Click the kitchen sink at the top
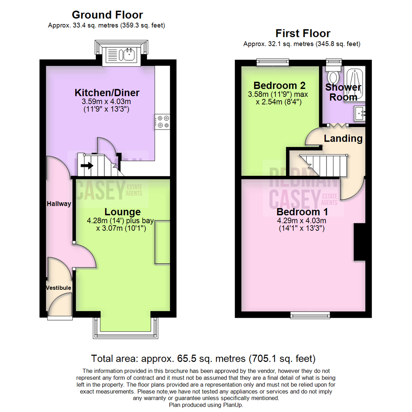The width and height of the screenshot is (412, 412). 122,55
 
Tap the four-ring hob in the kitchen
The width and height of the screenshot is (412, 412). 162,122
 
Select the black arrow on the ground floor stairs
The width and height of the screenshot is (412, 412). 87,166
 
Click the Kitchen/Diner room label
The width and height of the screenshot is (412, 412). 107,93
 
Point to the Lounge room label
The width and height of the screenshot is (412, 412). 123,212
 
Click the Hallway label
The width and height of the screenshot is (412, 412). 59,204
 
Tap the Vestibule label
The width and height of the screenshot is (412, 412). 58,287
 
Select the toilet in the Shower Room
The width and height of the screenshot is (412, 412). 335,74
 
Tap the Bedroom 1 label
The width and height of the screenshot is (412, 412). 302,212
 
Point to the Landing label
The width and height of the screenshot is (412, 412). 343,138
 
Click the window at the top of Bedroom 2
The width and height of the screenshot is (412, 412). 272,62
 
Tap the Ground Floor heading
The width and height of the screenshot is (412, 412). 107,15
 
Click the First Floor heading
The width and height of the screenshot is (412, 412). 303,33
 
